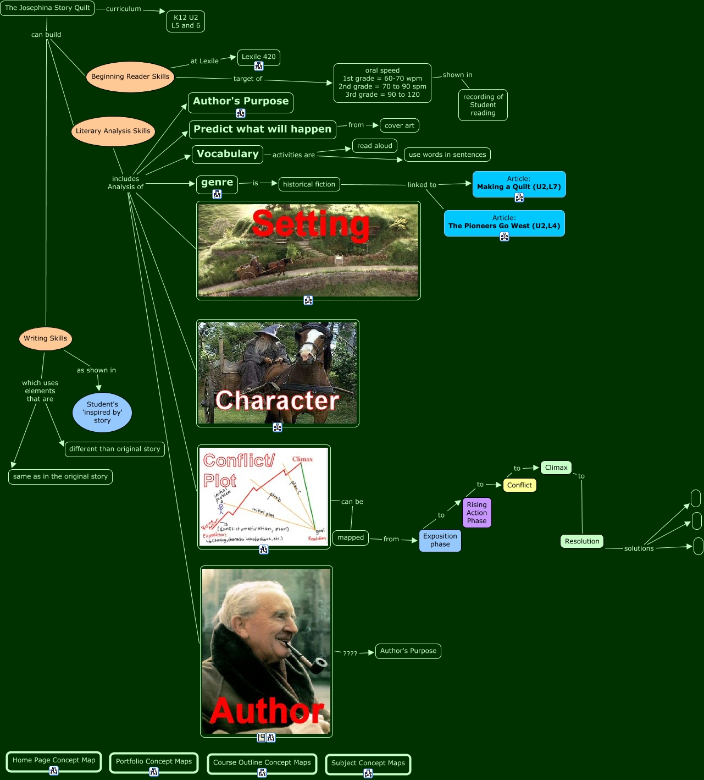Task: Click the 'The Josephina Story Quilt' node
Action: (47, 8)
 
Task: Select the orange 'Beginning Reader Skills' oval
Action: (130, 77)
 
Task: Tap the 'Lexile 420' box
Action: (259, 57)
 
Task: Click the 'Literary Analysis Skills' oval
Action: (113, 131)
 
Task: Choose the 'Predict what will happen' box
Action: (262, 129)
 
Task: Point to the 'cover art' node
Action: (400, 125)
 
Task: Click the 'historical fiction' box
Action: (309, 184)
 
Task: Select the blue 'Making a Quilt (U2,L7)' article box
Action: (519, 184)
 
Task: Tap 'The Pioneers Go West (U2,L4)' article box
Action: (504, 223)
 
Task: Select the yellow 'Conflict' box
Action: (519, 485)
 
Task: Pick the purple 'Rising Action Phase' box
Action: (477, 513)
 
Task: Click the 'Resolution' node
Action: (582, 541)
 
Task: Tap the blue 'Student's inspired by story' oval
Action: (102, 413)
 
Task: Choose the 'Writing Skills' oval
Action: (46, 339)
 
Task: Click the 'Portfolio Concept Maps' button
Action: (154, 762)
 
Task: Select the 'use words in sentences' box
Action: (447, 155)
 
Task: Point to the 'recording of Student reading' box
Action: (483, 105)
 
